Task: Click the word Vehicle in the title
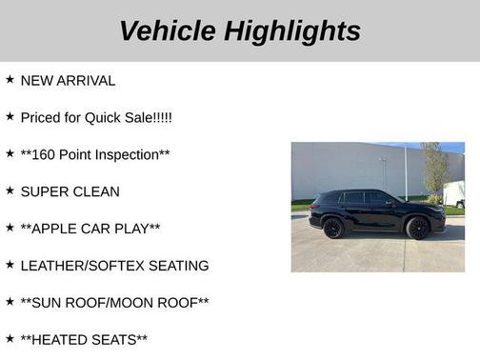[168, 30]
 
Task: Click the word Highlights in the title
[292, 30]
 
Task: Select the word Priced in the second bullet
[40, 117]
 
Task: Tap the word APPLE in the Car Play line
[57, 229]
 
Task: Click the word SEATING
[179, 266]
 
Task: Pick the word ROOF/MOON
[129, 303]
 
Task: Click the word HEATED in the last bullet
[61, 340]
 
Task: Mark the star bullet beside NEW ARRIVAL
[10, 79]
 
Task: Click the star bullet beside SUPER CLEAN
[10, 190]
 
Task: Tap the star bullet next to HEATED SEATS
[10, 339]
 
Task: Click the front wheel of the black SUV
[417, 228]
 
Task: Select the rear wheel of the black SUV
[332, 228]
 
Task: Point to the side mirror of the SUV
[390, 203]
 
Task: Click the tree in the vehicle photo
[435, 170]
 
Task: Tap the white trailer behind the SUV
[455, 194]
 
